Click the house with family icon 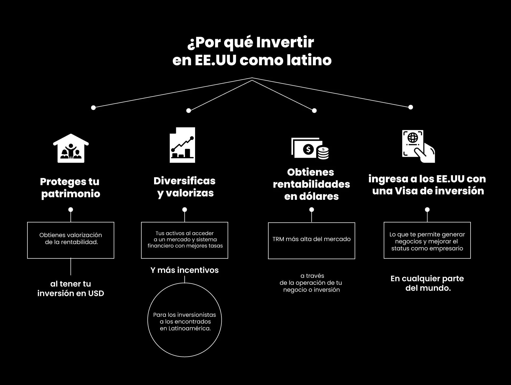71,148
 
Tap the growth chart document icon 182,145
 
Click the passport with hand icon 418,146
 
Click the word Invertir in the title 285,43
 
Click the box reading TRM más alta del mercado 311,240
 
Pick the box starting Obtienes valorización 71,240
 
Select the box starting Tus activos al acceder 184,240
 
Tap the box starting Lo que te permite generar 427,240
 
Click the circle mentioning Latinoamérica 185,320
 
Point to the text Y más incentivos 184,270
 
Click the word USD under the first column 96,293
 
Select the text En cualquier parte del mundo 427,283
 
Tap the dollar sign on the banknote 308,149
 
